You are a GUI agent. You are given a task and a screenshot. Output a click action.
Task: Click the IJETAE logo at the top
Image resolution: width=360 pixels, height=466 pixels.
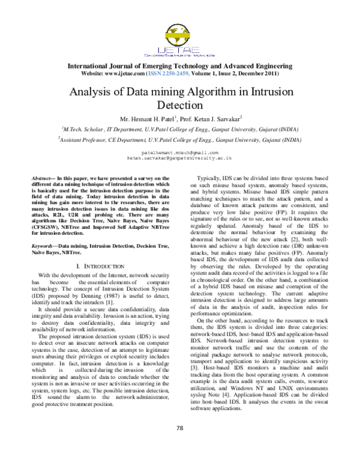179,39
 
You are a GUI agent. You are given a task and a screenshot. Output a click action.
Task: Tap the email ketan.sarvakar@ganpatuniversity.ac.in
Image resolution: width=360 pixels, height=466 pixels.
179,159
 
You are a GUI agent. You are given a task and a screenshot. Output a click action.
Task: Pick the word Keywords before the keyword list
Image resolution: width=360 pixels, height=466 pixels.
44,246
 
